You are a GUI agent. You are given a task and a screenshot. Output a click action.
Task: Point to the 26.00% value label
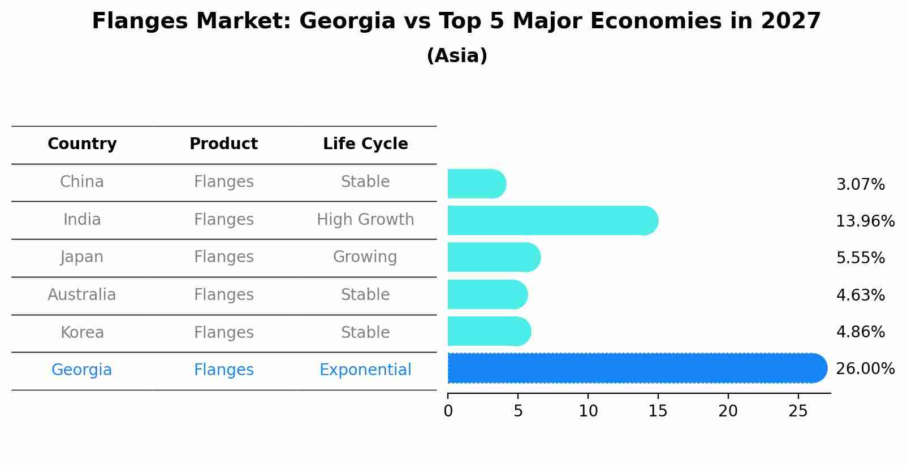pos(865,369)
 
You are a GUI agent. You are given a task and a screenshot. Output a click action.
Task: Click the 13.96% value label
pos(865,221)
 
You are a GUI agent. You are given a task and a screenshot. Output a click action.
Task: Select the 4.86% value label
pos(860,332)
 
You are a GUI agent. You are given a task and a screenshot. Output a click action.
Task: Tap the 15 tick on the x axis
pos(658,411)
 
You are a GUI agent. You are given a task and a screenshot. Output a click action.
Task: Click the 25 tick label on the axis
pos(798,411)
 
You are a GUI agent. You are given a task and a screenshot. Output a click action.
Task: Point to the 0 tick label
pos(448,411)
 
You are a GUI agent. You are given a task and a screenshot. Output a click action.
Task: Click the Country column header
pos(82,144)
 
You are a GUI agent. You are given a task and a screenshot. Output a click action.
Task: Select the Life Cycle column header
pos(365,144)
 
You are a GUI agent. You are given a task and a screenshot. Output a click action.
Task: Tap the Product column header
pos(223,144)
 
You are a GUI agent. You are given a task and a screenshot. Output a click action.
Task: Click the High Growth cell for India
pos(365,220)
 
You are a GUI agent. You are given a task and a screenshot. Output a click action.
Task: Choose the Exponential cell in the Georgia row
pos(365,370)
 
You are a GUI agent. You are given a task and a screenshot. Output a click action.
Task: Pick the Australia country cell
pos(82,295)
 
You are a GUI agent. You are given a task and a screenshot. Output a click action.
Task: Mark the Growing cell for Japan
pos(365,257)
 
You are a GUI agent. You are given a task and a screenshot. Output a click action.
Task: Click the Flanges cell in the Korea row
pos(223,333)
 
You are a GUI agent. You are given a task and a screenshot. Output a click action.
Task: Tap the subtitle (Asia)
pos(457,56)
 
